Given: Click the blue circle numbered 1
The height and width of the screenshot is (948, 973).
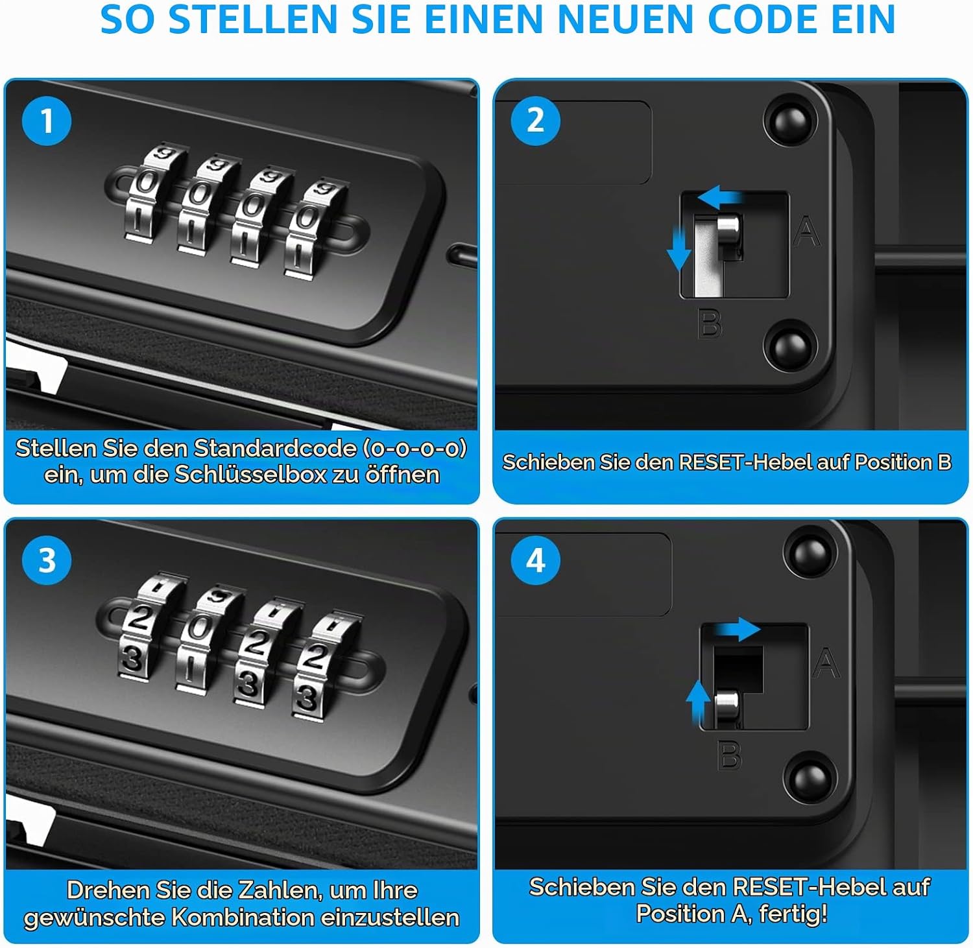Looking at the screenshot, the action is pyautogui.click(x=47, y=121).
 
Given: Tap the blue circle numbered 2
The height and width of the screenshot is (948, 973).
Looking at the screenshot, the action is pyautogui.click(x=535, y=121).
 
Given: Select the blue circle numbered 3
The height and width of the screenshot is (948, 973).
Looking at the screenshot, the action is pyautogui.click(x=47, y=560).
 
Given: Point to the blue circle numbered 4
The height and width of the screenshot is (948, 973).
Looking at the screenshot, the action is pyautogui.click(x=535, y=560).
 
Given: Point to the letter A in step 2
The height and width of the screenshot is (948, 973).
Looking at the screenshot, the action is pyautogui.click(x=806, y=231).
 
